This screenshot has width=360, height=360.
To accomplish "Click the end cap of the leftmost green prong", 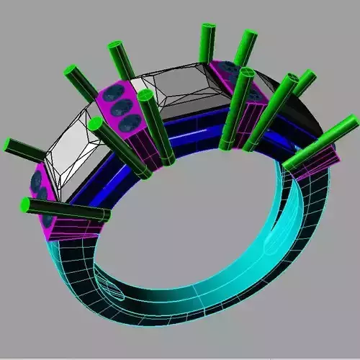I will pyautogui.click(x=9, y=144).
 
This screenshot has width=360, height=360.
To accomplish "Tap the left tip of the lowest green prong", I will pyautogui.click(x=24, y=205).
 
